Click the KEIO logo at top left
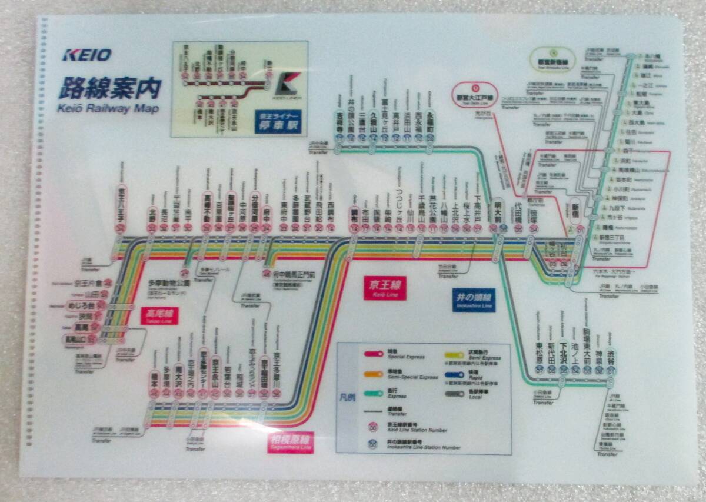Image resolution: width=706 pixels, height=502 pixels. (87, 55)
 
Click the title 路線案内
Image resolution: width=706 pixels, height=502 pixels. (109, 88)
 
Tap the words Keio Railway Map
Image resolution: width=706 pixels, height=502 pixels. (108, 108)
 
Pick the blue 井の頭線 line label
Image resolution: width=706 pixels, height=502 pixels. (474, 299)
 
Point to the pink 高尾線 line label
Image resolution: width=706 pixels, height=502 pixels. (159, 316)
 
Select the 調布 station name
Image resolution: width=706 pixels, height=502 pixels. (354, 214)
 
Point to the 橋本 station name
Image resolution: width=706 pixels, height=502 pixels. (154, 375)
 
